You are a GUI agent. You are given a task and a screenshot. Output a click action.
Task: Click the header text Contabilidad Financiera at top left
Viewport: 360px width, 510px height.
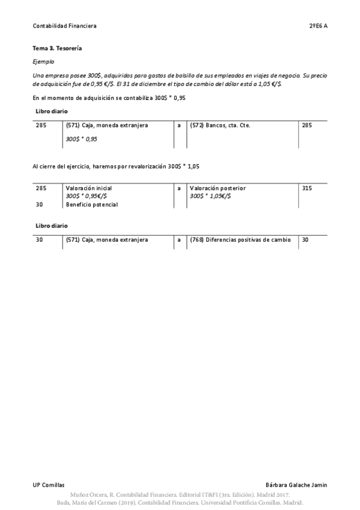(x=64, y=26)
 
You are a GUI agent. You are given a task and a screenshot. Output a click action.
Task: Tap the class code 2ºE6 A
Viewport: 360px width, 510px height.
(x=318, y=26)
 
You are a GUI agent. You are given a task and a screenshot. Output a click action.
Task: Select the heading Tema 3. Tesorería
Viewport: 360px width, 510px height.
(x=56, y=48)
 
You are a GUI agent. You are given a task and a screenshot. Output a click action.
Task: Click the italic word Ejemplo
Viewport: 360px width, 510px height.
(x=43, y=61)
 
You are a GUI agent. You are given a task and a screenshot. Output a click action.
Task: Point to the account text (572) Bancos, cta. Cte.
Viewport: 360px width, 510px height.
(x=220, y=126)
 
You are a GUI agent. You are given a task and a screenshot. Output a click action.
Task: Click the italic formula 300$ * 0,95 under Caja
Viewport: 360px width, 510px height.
(x=81, y=139)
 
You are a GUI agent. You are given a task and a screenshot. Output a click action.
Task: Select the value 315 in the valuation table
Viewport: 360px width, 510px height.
(x=307, y=188)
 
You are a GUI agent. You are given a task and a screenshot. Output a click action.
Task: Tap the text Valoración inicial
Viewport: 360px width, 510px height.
(x=88, y=188)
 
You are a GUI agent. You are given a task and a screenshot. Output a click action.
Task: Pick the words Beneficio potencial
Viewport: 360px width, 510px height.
(x=91, y=204)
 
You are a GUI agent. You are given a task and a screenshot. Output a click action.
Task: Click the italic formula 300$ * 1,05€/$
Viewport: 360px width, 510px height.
(x=210, y=196)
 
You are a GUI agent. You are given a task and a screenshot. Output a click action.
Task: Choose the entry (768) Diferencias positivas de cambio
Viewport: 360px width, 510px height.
(x=240, y=240)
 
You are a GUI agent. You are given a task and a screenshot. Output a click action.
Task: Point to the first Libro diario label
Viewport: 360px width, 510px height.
(x=52, y=111)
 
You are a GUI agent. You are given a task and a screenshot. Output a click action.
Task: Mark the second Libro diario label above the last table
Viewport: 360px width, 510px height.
(x=52, y=226)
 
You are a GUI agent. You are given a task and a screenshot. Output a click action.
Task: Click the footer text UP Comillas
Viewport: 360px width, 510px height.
(x=49, y=485)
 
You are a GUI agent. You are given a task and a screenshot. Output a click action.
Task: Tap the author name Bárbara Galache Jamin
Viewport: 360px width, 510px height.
(x=296, y=485)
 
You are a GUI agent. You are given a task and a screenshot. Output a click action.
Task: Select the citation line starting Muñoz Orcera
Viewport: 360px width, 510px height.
(x=180, y=494)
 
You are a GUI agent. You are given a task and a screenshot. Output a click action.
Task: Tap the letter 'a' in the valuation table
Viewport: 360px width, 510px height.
(x=179, y=188)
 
